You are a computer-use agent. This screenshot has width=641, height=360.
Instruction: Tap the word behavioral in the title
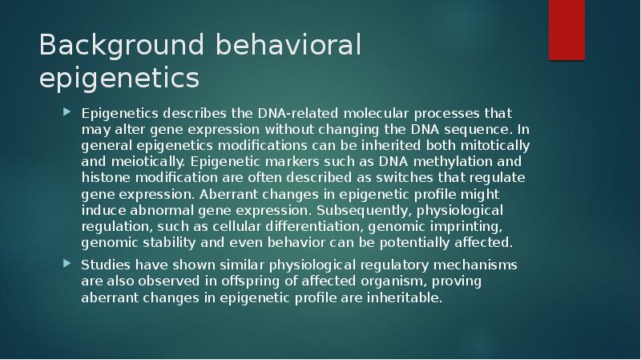[289, 47]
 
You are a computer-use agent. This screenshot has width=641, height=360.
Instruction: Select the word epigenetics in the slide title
[119, 79]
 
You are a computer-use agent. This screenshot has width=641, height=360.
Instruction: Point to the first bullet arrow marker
[67, 112]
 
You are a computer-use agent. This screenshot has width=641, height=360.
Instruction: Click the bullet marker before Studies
[67, 265]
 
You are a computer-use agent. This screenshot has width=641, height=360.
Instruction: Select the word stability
[163, 241]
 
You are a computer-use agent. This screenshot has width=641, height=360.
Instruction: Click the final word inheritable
[401, 297]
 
